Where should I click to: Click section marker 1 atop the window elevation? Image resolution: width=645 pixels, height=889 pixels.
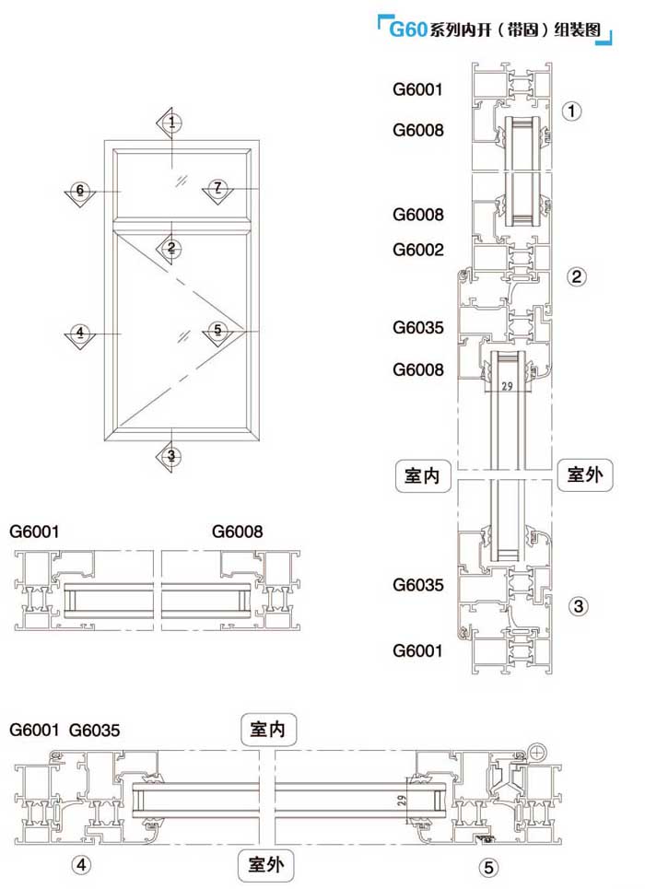(x=171, y=122)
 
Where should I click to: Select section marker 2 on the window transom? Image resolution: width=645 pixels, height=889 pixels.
(x=171, y=247)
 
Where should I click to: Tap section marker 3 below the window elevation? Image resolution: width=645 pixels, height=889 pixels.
(x=171, y=455)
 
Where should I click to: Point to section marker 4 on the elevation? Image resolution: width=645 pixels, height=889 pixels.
(x=80, y=333)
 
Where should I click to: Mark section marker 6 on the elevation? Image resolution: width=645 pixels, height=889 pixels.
(x=80, y=191)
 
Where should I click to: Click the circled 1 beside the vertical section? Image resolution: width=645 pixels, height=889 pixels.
(x=572, y=112)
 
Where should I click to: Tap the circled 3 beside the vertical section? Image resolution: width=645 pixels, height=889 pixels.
(x=578, y=606)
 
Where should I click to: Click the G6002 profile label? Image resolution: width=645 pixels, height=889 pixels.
(x=417, y=250)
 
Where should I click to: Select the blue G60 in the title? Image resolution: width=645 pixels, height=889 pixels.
(x=407, y=29)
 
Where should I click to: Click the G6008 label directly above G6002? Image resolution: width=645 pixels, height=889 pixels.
(x=417, y=215)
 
